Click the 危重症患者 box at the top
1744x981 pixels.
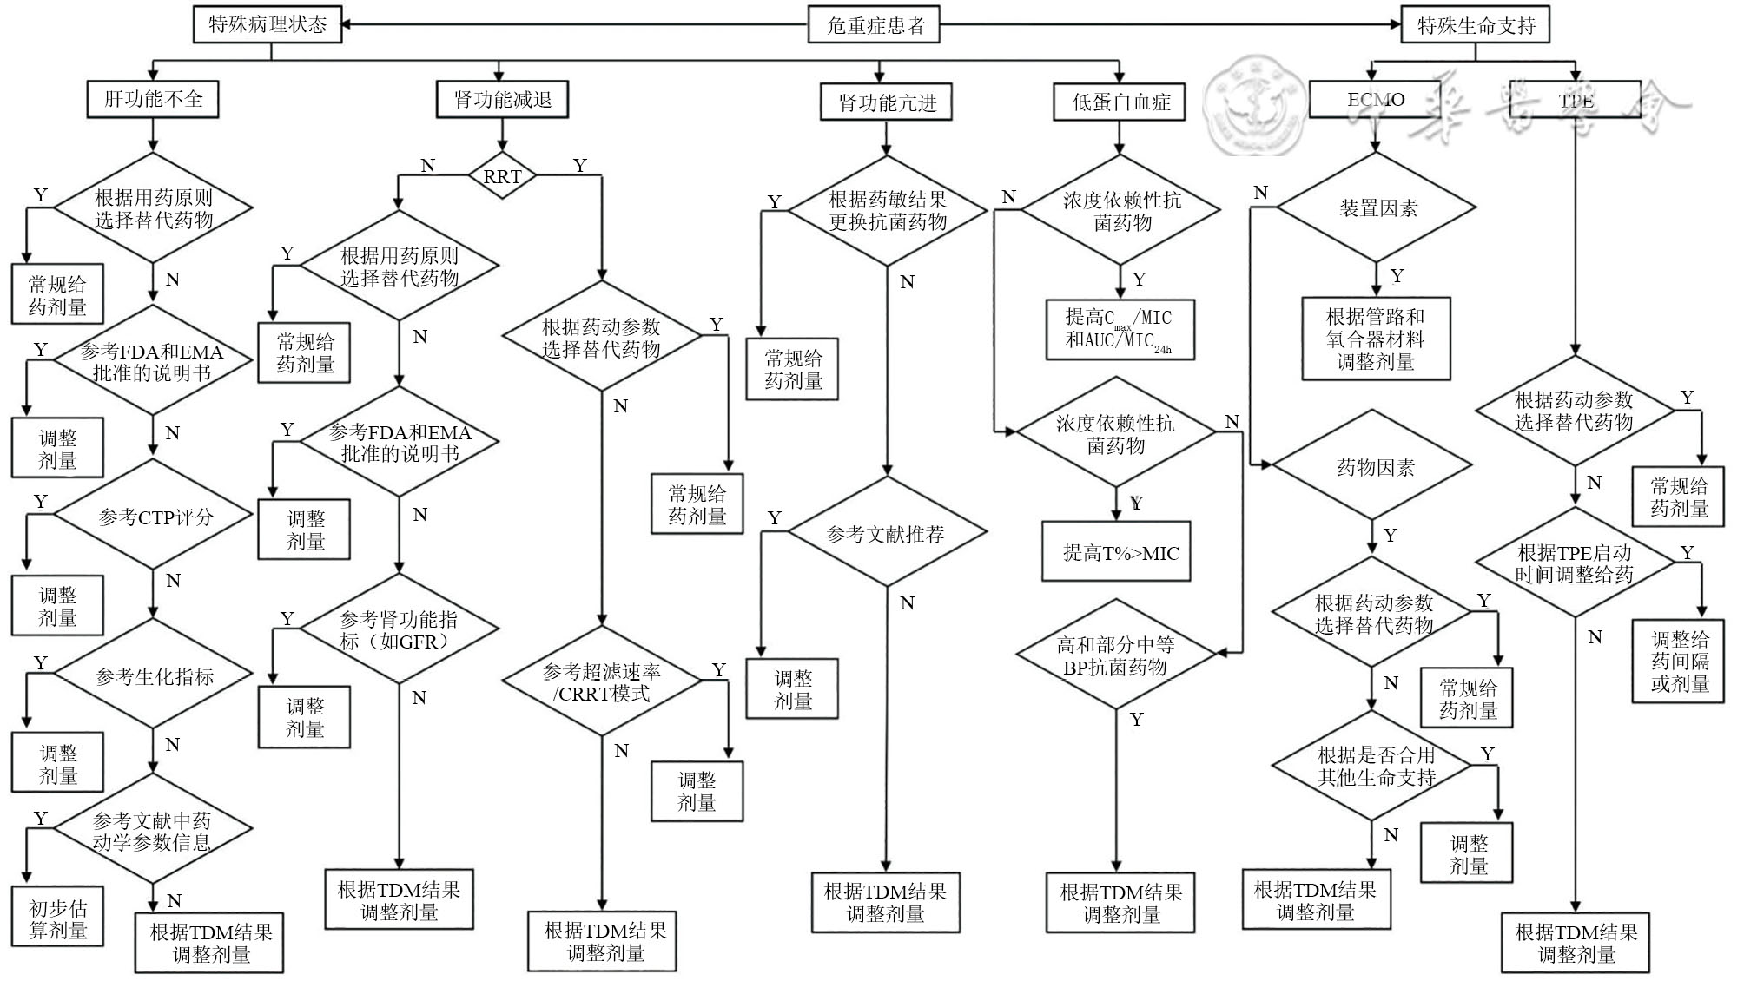point(875,24)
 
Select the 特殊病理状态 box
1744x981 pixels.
point(267,24)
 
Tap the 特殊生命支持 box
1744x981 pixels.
point(1476,25)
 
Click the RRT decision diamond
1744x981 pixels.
point(502,176)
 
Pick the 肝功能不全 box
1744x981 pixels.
point(153,99)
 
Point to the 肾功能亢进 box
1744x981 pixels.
point(887,102)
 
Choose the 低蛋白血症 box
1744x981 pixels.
point(1120,102)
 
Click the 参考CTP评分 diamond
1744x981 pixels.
point(154,517)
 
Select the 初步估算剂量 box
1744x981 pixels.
point(57,918)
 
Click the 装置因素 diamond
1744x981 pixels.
point(1377,208)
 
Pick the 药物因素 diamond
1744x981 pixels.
point(1375,467)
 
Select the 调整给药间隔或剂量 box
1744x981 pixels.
point(1679,662)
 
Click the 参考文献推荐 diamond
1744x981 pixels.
point(887,533)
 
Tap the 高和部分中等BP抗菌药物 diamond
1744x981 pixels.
point(1116,655)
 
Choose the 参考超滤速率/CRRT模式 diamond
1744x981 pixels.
point(602,681)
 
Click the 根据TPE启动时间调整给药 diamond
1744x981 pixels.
point(1575,563)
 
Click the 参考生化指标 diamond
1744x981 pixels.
point(154,675)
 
